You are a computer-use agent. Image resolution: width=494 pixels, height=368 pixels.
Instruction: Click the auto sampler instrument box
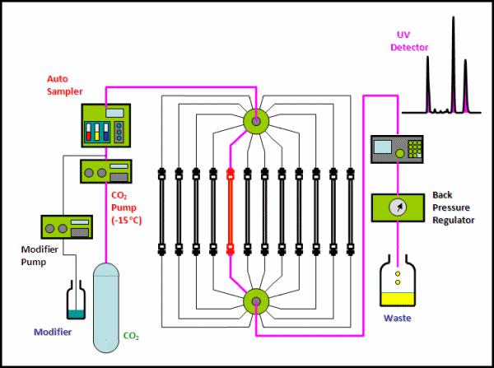click(x=106, y=127)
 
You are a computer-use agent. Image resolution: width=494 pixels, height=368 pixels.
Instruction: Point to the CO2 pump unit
click(x=105, y=174)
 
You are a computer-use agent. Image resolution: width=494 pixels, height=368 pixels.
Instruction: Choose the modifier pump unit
click(x=64, y=227)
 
